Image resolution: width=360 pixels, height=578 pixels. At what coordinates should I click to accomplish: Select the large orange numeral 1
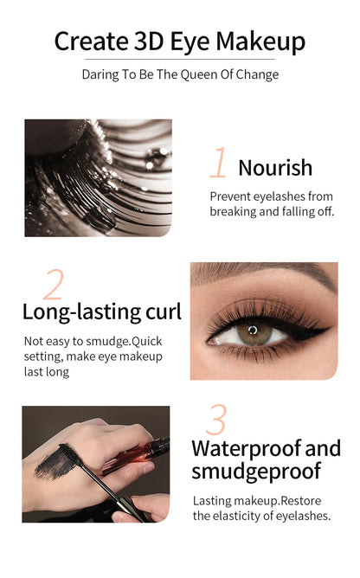pyautogui.click(x=219, y=164)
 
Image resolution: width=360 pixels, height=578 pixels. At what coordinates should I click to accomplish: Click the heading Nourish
pyautogui.click(x=275, y=167)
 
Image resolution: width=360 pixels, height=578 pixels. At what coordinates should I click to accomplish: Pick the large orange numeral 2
pyautogui.click(x=54, y=285)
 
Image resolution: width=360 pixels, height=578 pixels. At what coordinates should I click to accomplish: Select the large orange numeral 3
pyautogui.click(x=216, y=420)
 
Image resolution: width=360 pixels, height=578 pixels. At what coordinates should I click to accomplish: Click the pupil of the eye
pyautogui.click(x=252, y=330)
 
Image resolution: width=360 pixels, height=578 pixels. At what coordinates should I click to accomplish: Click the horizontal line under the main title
pyautogui.click(x=180, y=60)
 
